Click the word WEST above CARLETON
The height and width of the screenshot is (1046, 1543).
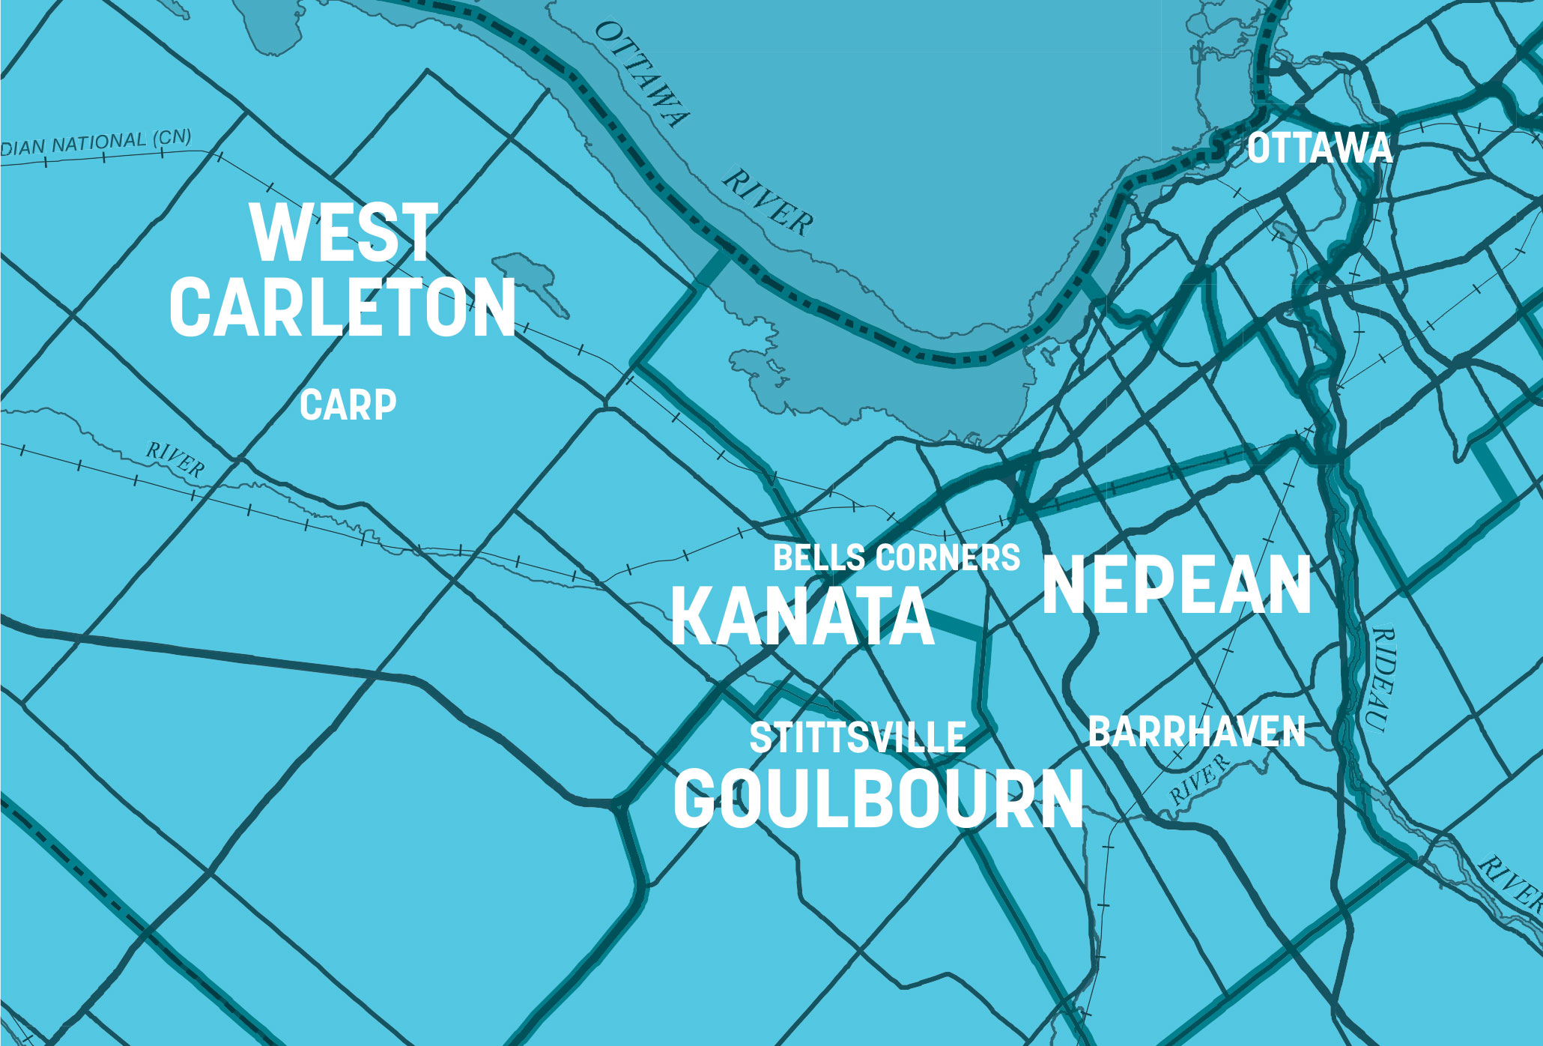(x=344, y=233)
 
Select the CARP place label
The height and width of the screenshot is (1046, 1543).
(x=348, y=405)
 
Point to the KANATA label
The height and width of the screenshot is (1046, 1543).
(x=802, y=616)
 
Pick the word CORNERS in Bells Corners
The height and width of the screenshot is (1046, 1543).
(x=948, y=558)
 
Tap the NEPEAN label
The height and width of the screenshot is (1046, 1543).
(x=1177, y=585)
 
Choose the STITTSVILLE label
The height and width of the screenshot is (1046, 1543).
(x=858, y=738)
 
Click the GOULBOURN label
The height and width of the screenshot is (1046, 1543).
(x=879, y=799)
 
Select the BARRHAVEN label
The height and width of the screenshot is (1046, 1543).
(x=1196, y=732)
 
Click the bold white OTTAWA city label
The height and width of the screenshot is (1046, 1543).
(x=1320, y=148)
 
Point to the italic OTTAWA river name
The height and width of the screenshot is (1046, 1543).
(x=641, y=73)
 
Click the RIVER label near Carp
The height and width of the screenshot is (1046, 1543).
(x=175, y=459)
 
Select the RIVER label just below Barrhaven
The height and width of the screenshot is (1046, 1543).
(x=1199, y=779)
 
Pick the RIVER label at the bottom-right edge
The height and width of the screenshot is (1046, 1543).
(x=1510, y=884)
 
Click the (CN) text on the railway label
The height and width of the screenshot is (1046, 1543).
(x=172, y=139)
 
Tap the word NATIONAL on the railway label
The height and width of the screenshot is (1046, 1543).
(x=98, y=142)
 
